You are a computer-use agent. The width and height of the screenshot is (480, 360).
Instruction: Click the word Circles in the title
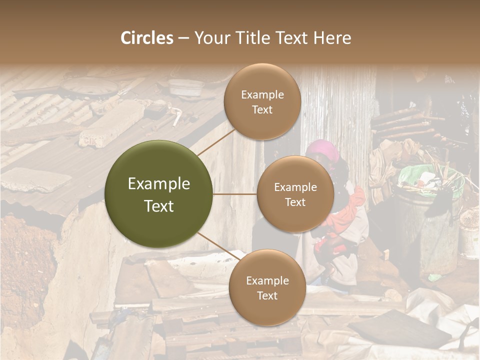pos(146,38)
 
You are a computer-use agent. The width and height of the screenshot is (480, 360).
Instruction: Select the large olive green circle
pos(158,194)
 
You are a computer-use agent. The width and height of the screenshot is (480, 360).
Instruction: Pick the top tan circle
pos(262,101)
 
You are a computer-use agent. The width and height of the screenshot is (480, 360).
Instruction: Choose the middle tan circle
pos(295,194)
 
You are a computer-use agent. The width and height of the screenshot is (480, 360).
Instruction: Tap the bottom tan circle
pos(267,287)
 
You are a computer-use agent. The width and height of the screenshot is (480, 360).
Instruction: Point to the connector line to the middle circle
pos(234,194)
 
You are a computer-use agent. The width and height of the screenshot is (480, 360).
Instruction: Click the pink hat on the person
pos(322,148)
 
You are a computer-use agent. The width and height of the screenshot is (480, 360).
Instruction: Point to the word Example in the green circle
pos(158,184)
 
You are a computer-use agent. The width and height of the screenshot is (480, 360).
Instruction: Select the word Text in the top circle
pos(262,109)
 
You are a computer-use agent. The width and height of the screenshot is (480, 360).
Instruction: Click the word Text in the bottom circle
pos(267,295)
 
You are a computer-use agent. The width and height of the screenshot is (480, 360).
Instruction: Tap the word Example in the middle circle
pos(295,187)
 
